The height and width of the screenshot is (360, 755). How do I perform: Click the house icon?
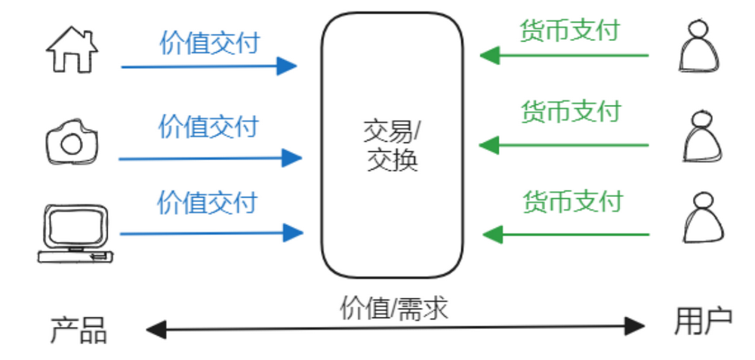coord(72,51)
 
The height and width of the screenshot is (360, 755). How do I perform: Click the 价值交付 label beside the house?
coord(209,43)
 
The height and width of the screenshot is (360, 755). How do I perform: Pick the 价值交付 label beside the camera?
coord(208,126)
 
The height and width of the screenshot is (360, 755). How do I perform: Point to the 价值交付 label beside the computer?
coord(207,202)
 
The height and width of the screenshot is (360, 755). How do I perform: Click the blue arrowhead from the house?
coord(286,66)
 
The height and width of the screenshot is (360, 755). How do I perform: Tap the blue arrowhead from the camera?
coord(291,158)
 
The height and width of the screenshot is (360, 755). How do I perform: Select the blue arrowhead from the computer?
coord(292,232)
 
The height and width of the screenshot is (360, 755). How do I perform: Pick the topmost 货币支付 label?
coord(569,30)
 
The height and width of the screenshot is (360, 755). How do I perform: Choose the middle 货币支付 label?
coord(570,112)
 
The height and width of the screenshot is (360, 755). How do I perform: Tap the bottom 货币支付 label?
coord(572,202)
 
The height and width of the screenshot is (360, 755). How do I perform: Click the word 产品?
coord(79,331)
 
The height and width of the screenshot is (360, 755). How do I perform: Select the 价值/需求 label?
coord(394,308)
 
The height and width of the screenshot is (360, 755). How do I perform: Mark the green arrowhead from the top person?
coord(491,55)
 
